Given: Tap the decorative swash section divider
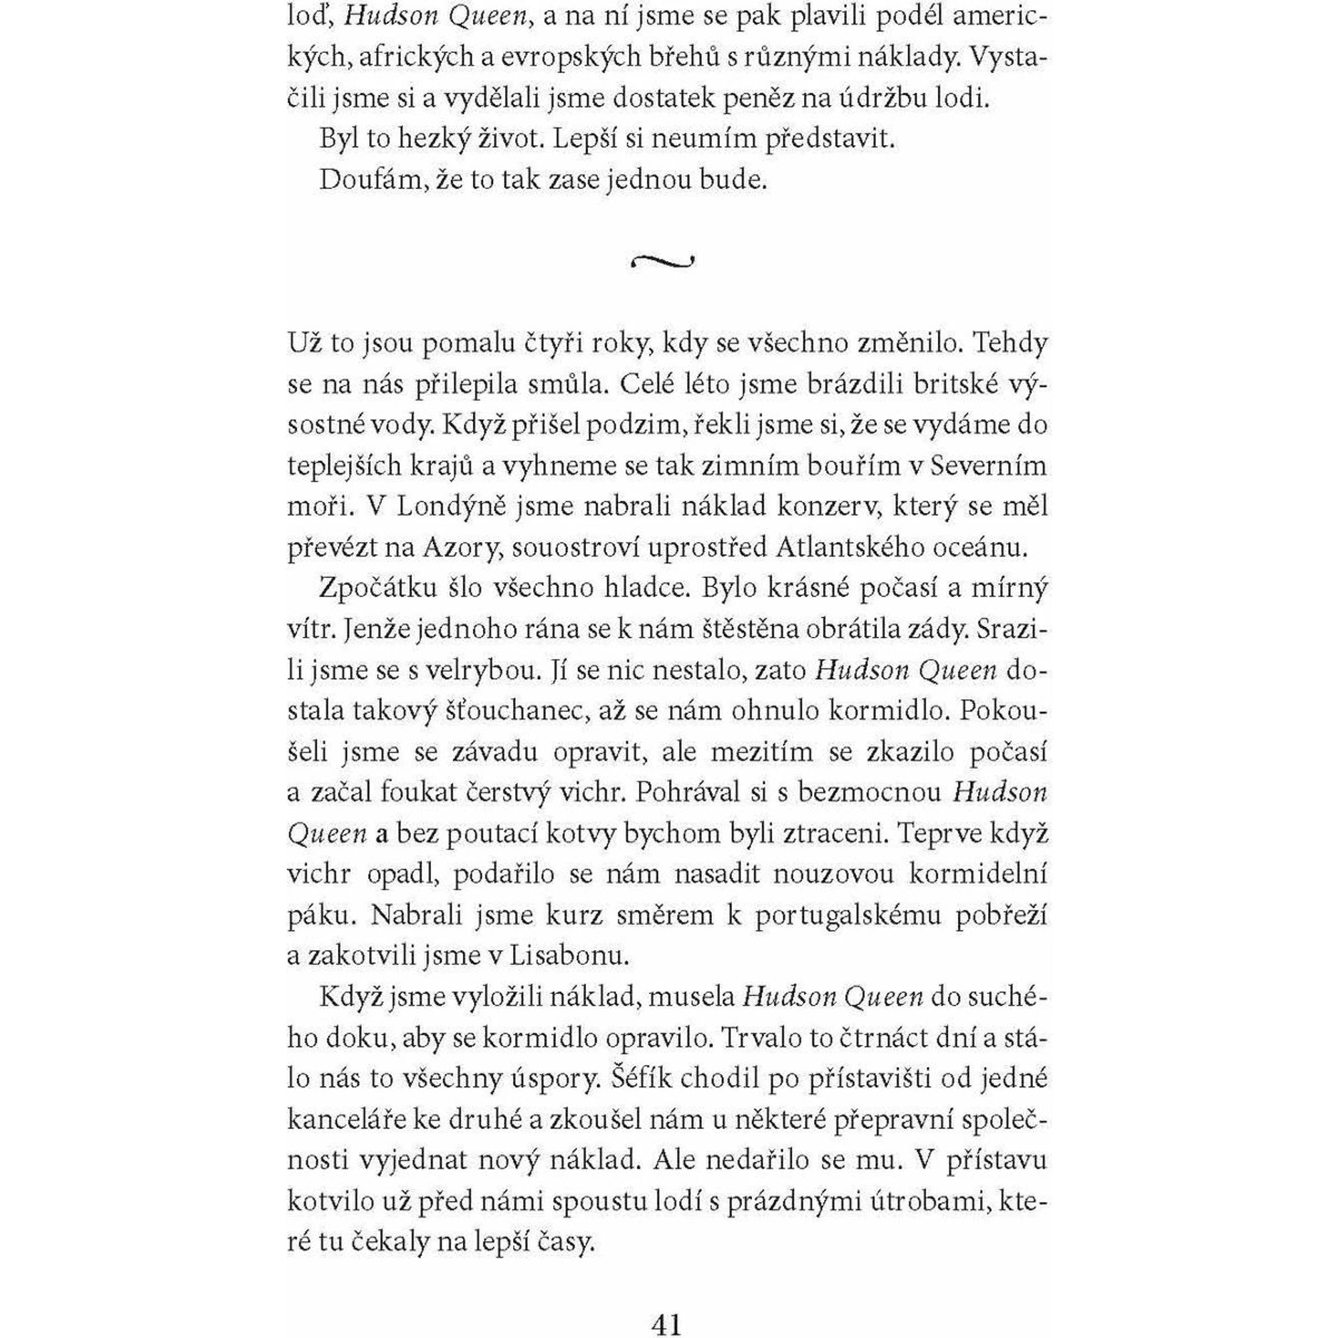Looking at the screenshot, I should pyautogui.click(x=663, y=261).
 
